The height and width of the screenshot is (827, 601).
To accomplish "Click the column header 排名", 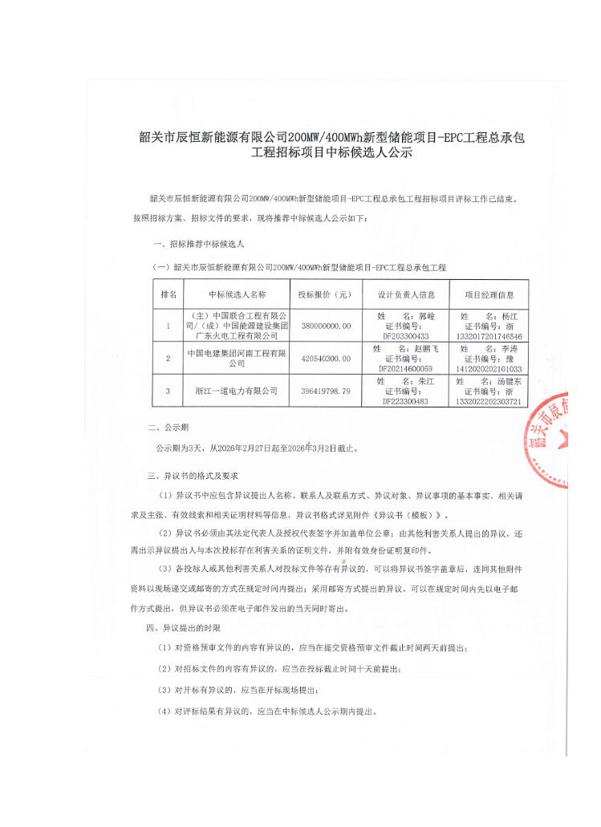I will tap(169, 295).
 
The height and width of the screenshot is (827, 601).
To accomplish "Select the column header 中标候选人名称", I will tap(237, 295).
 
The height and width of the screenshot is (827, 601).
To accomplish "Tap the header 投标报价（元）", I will tap(325, 295).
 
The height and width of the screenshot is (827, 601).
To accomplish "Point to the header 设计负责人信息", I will tap(406, 295).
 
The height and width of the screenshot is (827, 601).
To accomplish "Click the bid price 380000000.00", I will tap(325, 326).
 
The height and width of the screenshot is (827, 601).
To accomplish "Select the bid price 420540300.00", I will tap(325, 359).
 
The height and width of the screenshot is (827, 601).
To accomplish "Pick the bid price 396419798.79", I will tap(325, 391).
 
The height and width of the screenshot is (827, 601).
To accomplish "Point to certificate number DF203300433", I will tap(406, 337).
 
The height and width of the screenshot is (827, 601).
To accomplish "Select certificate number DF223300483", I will tap(406, 401).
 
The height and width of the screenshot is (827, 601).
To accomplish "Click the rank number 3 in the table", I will tap(169, 391).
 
